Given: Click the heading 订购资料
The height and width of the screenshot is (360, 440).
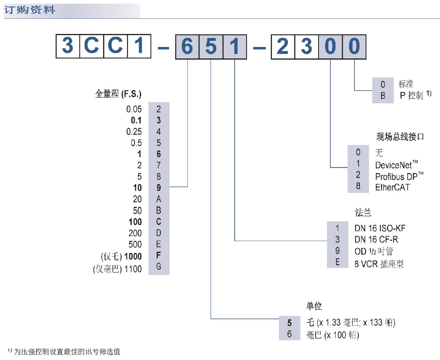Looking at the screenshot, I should pos(29,10).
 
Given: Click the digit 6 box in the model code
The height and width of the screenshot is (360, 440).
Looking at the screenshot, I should pos(187,46).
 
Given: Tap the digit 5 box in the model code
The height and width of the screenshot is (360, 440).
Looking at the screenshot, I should pos(211,46).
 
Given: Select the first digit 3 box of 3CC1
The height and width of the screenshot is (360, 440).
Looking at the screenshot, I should pos(68,46).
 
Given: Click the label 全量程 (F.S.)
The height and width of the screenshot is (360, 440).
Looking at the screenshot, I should pos(118,94).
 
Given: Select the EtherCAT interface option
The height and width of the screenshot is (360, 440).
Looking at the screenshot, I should pos(392,188).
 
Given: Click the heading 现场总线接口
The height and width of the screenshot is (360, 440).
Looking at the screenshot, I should pos(400,136).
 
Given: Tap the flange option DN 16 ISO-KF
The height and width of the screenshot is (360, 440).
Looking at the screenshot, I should pos(380,228).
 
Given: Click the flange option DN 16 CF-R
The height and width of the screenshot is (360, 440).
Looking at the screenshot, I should pos(376,239).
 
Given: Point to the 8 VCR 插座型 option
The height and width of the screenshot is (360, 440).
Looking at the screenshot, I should pos(379,264).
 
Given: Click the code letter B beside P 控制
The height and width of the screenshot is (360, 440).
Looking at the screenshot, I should pos(383,96).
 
